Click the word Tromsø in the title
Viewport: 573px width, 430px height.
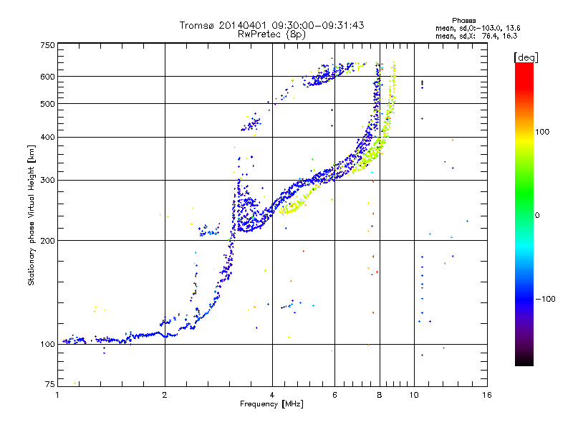tap(196, 25)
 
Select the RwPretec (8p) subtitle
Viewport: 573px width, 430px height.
tap(271, 34)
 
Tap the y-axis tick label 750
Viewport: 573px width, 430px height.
tap(48, 45)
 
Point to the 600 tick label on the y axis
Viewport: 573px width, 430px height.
tap(48, 77)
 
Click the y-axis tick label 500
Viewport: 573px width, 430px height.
tap(48, 104)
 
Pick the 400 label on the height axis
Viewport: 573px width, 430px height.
tap(48, 137)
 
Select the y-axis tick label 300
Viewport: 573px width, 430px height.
tap(48, 181)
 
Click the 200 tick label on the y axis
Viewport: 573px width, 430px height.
tap(48, 241)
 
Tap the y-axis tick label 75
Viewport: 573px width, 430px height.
tap(50, 384)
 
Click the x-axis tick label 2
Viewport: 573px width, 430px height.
tap(165, 395)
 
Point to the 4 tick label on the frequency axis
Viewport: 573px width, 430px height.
tap(272, 395)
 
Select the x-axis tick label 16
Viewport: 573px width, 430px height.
tap(487, 395)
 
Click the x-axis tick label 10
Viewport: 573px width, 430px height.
tap(414, 395)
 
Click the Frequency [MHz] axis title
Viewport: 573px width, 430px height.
tap(271, 404)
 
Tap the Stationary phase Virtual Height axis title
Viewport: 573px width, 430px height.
tap(32, 216)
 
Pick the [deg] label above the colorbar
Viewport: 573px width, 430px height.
tap(526, 57)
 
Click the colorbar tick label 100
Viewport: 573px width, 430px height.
tap(542, 132)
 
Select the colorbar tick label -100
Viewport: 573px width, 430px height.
tap(546, 299)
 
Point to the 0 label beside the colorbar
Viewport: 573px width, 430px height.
tap(537, 216)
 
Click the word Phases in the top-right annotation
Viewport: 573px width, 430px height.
tap(463, 21)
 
